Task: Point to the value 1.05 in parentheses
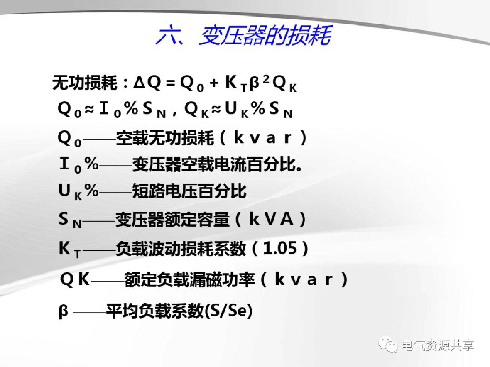(280, 248)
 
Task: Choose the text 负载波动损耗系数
(181, 249)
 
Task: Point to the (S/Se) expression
(229, 311)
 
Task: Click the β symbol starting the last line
(64, 312)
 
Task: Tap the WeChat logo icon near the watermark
(389, 345)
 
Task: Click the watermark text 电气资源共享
(438, 345)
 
